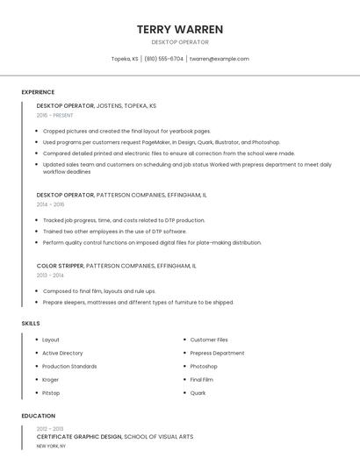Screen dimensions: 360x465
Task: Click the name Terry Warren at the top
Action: pyautogui.click(x=180, y=29)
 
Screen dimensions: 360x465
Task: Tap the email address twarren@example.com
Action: pyautogui.click(x=220, y=59)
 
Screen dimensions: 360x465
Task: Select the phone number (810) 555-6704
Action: pyautogui.click(x=164, y=59)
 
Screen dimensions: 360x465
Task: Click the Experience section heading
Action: pyautogui.click(x=38, y=92)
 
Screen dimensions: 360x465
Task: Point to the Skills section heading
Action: pyautogui.click(x=31, y=324)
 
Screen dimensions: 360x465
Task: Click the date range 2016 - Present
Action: pyautogui.click(x=55, y=115)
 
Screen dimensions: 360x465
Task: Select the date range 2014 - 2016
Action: pyautogui.click(x=50, y=204)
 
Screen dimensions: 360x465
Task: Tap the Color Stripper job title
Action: pyautogui.click(x=61, y=265)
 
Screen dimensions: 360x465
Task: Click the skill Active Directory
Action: pyautogui.click(x=62, y=353)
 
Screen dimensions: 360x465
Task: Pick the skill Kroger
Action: pyautogui.click(x=51, y=380)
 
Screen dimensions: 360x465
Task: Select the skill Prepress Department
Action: pyautogui.click(x=217, y=353)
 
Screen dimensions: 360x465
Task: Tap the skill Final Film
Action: pyautogui.click(x=202, y=380)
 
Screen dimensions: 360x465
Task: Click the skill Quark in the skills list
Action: pyautogui.click(x=198, y=393)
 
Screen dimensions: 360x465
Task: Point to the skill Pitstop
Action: pyautogui.click(x=51, y=393)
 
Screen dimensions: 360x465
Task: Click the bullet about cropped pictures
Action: pyautogui.click(x=126, y=131)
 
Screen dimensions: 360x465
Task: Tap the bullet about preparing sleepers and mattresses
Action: pyautogui.click(x=138, y=302)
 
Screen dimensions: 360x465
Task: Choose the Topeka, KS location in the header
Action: pyautogui.click(x=125, y=59)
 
